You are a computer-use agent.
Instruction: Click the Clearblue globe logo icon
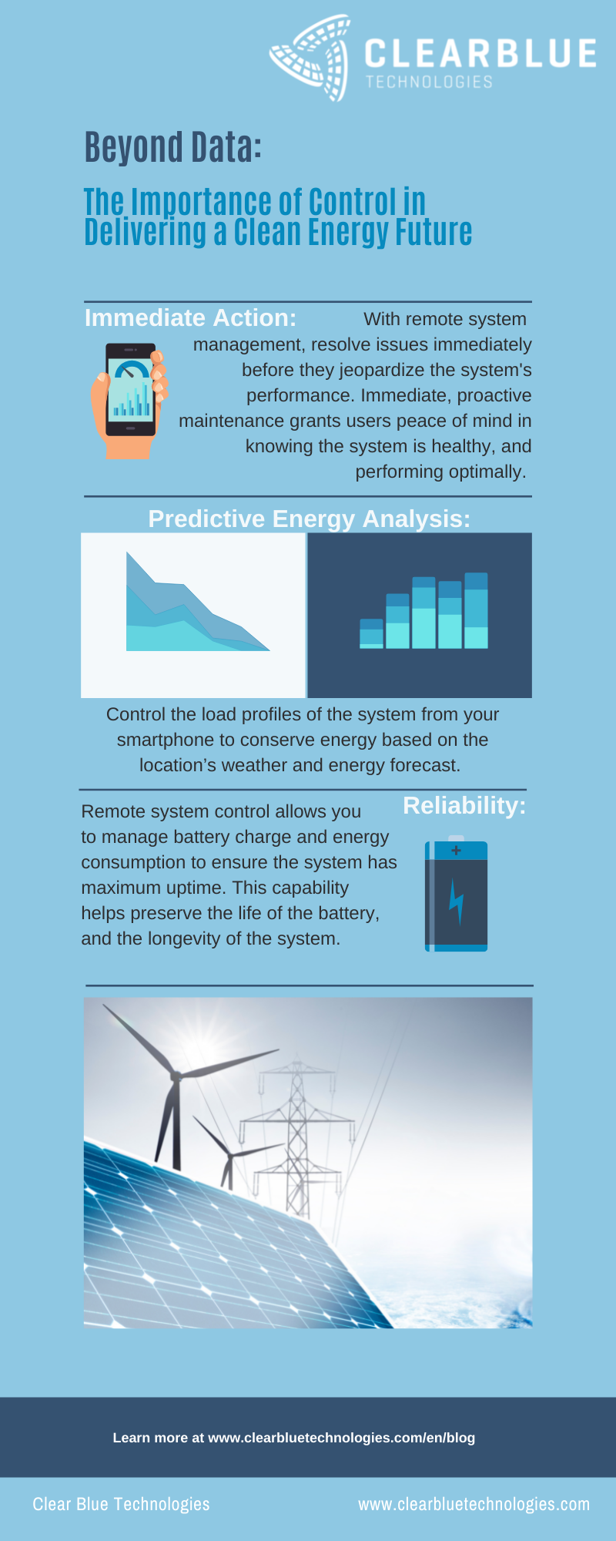click(x=310, y=58)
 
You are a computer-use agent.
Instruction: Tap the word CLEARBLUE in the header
click(x=480, y=54)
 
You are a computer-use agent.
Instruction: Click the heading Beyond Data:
click(x=172, y=147)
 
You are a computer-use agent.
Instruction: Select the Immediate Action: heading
click(x=190, y=317)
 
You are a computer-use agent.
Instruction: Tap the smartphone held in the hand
click(x=130, y=390)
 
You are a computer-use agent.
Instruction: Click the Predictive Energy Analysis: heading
click(x=309, y=519)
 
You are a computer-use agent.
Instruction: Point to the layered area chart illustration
click(x=197, y=602)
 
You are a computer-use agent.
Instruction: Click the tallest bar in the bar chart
click(x=476, y=610)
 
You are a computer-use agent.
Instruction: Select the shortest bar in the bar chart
click(x=371, y=633)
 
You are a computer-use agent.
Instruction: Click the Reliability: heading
click(x=464, y=805)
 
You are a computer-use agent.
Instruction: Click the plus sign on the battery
click(x=456, y=851)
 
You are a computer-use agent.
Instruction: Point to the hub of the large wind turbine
click(x=176, y=1076)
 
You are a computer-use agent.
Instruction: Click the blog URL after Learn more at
click(x=341, y=1438)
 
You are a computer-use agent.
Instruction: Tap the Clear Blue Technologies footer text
click(x=121, y=1504)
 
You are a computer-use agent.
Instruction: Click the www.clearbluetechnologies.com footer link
click(x=474, y=1504)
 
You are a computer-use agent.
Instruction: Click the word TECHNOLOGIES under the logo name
click(x=429, y=82)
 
